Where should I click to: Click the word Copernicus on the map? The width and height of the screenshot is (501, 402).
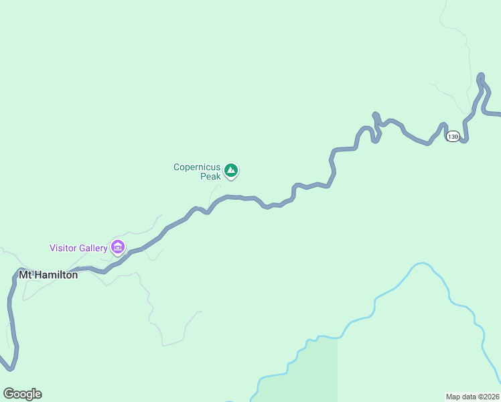(x=197, y=167)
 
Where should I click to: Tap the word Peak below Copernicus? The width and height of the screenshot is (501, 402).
(x=210, y=177)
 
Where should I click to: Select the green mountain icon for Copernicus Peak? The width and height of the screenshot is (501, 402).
(x=231, y=171)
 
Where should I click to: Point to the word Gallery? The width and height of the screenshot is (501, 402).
(x=94, y=248)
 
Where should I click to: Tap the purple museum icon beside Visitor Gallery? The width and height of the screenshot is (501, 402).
(x=118, y=247)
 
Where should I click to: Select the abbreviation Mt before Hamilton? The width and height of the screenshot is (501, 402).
(x=25, y=275)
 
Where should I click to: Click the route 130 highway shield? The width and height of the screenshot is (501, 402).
(x=453, y=136)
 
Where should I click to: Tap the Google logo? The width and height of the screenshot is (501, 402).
(x=22, y=394)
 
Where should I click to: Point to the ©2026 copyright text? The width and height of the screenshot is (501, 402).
(x=488, y=397)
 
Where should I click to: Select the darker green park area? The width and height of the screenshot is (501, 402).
(x=315, y=368)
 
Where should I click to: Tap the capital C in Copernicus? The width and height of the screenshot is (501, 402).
(x=177, y=167)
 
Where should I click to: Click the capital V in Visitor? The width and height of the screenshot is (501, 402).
(x=53, y=248)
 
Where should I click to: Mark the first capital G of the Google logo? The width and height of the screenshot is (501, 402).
(x=8, y=394)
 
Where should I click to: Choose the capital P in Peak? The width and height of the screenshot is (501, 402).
(x=203, y=177)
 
